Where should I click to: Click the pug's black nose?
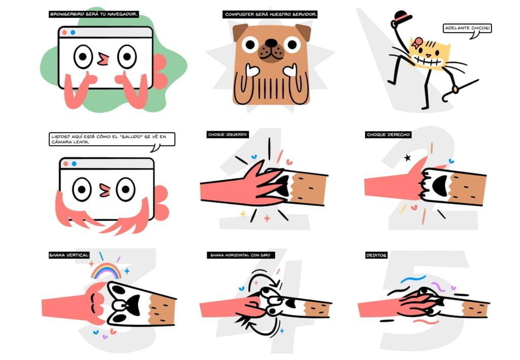(x=271, y=43)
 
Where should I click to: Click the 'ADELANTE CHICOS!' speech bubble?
(x=467, y=28)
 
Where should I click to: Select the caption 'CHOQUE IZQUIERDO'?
(x=227, y=134)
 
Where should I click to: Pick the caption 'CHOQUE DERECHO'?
(x=388, y=134)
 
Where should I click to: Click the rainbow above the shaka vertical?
(x=107, y=271)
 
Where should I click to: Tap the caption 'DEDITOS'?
(x=376, y=255)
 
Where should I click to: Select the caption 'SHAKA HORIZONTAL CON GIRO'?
(x=240, y=255)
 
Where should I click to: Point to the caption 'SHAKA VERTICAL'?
(x=69, y=255)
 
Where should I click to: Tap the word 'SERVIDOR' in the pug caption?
(x=304, y=14)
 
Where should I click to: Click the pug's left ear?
(x=240, y=31)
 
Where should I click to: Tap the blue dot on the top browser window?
(x=73, y=32)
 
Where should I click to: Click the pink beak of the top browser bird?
(x=103, y=59)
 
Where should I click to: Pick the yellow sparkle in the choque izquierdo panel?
(x=243, y=214)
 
